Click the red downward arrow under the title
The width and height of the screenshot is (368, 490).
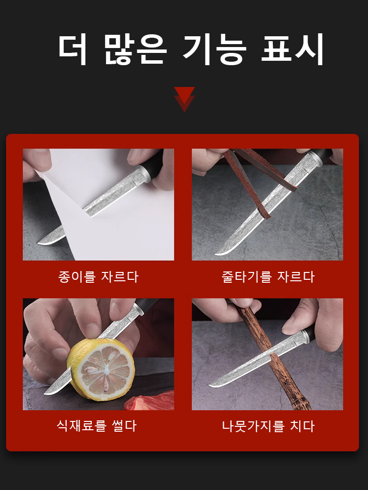[184, 99]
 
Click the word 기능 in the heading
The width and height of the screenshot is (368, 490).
[214, 49]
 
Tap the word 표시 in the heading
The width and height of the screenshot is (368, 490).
[292, 49]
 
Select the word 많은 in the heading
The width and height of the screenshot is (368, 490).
[135, 49]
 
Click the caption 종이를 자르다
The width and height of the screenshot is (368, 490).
[98, 276]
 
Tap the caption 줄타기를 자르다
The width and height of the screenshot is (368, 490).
[267, 276]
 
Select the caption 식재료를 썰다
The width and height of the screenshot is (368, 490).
[97, 426]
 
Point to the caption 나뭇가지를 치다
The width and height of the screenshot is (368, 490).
[268, 426]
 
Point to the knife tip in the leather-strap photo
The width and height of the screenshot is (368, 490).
[216, 254]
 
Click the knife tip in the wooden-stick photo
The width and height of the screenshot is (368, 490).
[210, 386]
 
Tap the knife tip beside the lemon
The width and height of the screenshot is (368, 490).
[45, 393]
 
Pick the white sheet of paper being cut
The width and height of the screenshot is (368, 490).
[106, 203]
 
